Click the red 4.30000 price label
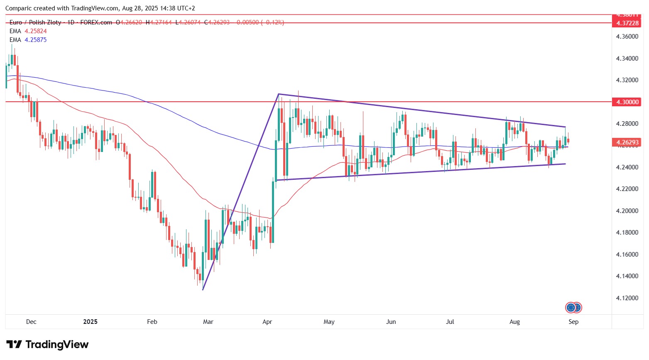pos(627,102)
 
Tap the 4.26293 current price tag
pos(627,142)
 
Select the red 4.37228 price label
pos(627,23)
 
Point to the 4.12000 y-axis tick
pos(627,298)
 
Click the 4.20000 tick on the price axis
pos(627,211)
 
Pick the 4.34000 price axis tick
pos(627,59)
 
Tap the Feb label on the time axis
pos(152,322)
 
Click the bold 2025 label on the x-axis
pos(90,322)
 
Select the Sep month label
pos(573,322)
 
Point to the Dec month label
pos(31,322)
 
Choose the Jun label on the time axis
pos(391,322)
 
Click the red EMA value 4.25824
pos(36,31)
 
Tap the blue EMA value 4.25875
pos(36,40)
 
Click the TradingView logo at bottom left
pos(47,345)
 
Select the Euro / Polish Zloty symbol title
pos(35,22)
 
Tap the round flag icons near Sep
pos(573,308)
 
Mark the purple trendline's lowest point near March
pos(203,289)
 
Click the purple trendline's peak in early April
pos(278,94)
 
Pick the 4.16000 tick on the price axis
pos(627,255)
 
